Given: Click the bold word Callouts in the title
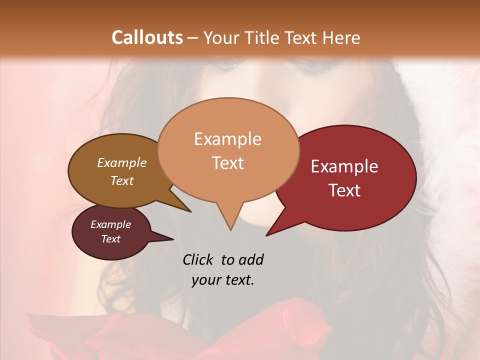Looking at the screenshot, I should coord(147,37).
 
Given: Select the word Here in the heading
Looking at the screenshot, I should coord(341,37).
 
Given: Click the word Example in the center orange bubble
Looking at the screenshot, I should coord(227,139).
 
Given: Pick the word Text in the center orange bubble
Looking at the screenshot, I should coord(227,163).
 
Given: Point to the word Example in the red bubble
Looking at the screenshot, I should coord(344,166).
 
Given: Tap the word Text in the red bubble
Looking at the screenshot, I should coord(344,190).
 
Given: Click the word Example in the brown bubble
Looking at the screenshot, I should coord(122,162).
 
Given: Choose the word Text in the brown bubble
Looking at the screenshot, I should coord(122,180).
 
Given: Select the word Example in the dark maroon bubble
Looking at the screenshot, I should coord(110,224).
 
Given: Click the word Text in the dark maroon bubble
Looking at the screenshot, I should coord(110,239).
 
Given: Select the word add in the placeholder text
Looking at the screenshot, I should coord(251,259).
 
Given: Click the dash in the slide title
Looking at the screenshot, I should coord(193,37).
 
